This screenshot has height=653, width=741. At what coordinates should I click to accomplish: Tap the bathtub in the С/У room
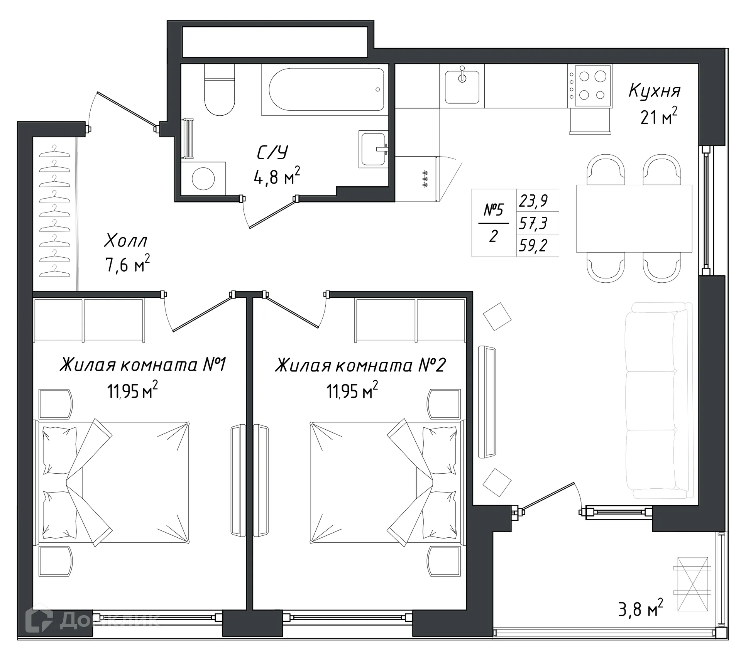pyautogui.click(x=327, y=90)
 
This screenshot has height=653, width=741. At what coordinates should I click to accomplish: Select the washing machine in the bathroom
pyautogui.click(x=203, y=179)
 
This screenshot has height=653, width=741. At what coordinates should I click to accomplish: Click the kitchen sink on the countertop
pyautogui.click(x=462, y=86)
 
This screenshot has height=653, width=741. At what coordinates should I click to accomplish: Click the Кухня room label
pyautogui.click(x=655, y=91)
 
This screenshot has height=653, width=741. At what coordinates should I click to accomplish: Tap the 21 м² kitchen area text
pyautogui.click(x=658, y=116)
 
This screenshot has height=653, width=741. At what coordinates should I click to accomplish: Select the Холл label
pyautogui.click(x=126, y=241)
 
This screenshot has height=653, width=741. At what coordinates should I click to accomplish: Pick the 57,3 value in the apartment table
pyautogui.click(x=533, y=223)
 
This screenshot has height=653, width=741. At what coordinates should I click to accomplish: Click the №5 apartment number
pyautogui.click(x=494, y=210)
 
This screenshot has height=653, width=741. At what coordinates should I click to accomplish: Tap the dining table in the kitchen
pyautogui.click(x=634, y=218)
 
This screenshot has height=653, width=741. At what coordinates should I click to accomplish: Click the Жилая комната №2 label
pyautogui.click(x=360, y=365)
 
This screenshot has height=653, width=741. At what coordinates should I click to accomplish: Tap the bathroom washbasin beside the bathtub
pyautogui.click(x=372, y=149)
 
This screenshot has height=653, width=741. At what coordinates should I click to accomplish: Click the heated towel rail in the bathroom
pyautogui.click(x=188, y=139)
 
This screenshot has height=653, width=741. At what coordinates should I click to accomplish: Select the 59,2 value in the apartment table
pyautogui.click(x=533, y=245)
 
